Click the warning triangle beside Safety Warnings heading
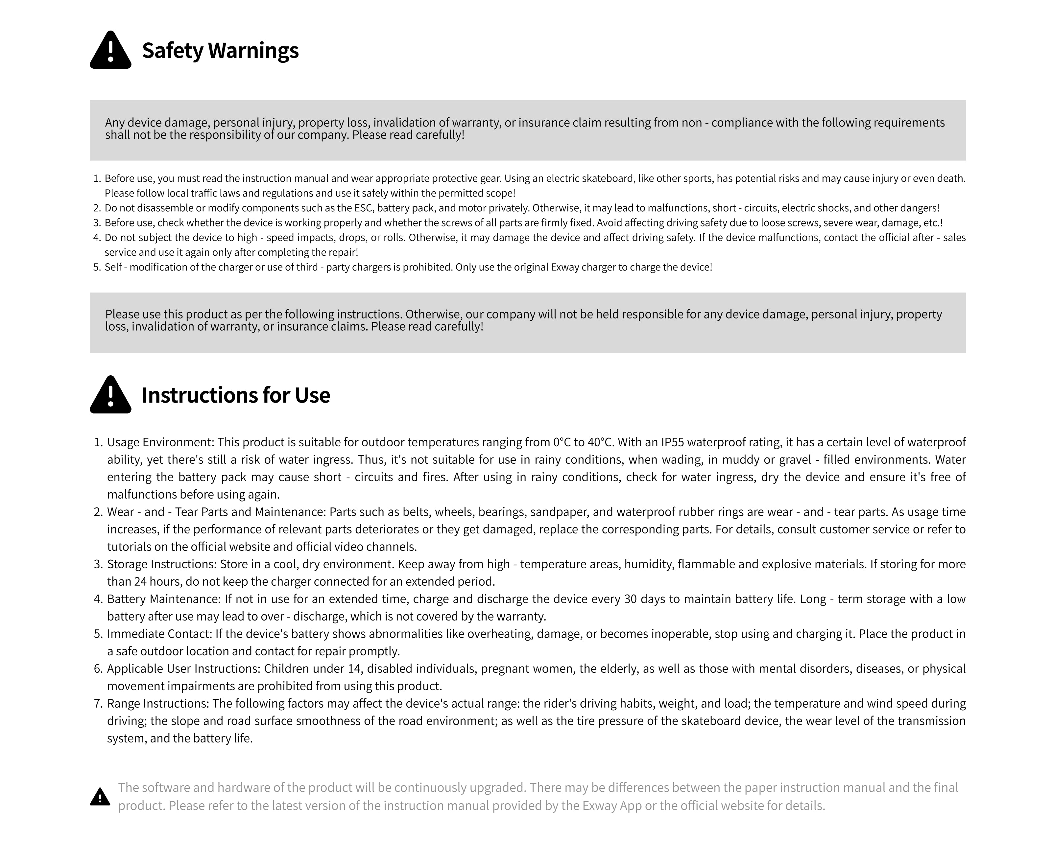pyautogui.click(x=110, y=51)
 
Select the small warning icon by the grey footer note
pyautogui.click(x=100, y=797)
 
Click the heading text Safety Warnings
pyautogui.click(x=220, y=51)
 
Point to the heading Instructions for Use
pyautogui.click(x=236, y=395)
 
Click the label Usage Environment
pyautogui.click(x=160, y=442)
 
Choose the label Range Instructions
pyautogui.click(x=158, y=704)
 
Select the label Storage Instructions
pyautogui.click(x=161, y=564)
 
